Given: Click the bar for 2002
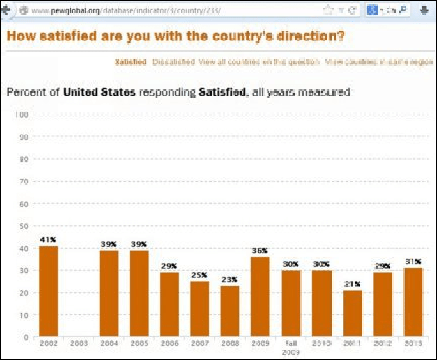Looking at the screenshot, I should click(x=48, y=292).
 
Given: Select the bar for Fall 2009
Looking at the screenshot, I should click(x=292, y=303).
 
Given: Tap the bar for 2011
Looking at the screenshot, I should click(x=353, y=314).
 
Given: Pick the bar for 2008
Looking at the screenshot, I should click(x=230, y=311).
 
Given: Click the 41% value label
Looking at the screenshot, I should click(x=48, y=240).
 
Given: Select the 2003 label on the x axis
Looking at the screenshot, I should click(x=78, y=345).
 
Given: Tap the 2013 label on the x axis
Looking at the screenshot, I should click(x=413, y=345).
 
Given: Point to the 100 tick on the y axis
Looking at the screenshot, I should click(x=20, y=114).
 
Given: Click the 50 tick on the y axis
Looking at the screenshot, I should click(x=22, y=226).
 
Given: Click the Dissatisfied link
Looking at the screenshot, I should click(x=174, y=62).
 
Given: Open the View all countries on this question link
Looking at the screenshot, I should click(x=259, y=62).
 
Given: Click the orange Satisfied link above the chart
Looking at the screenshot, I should click(x=131, y=62).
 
